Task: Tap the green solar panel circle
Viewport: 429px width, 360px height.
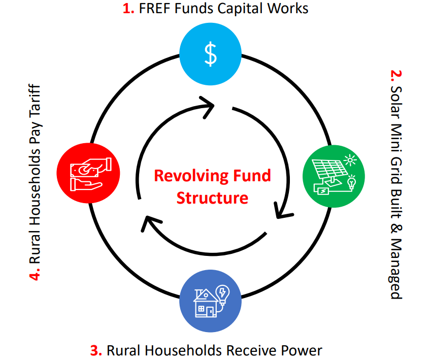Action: coord(333,176)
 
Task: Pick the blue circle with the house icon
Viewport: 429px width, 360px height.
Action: coord(210,301)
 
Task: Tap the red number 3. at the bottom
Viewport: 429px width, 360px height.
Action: coord(96,350)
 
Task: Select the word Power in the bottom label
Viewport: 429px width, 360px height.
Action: coord(302,350)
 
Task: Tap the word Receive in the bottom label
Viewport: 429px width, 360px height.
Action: coord(253,350)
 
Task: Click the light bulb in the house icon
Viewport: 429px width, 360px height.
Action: coord(222,293)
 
